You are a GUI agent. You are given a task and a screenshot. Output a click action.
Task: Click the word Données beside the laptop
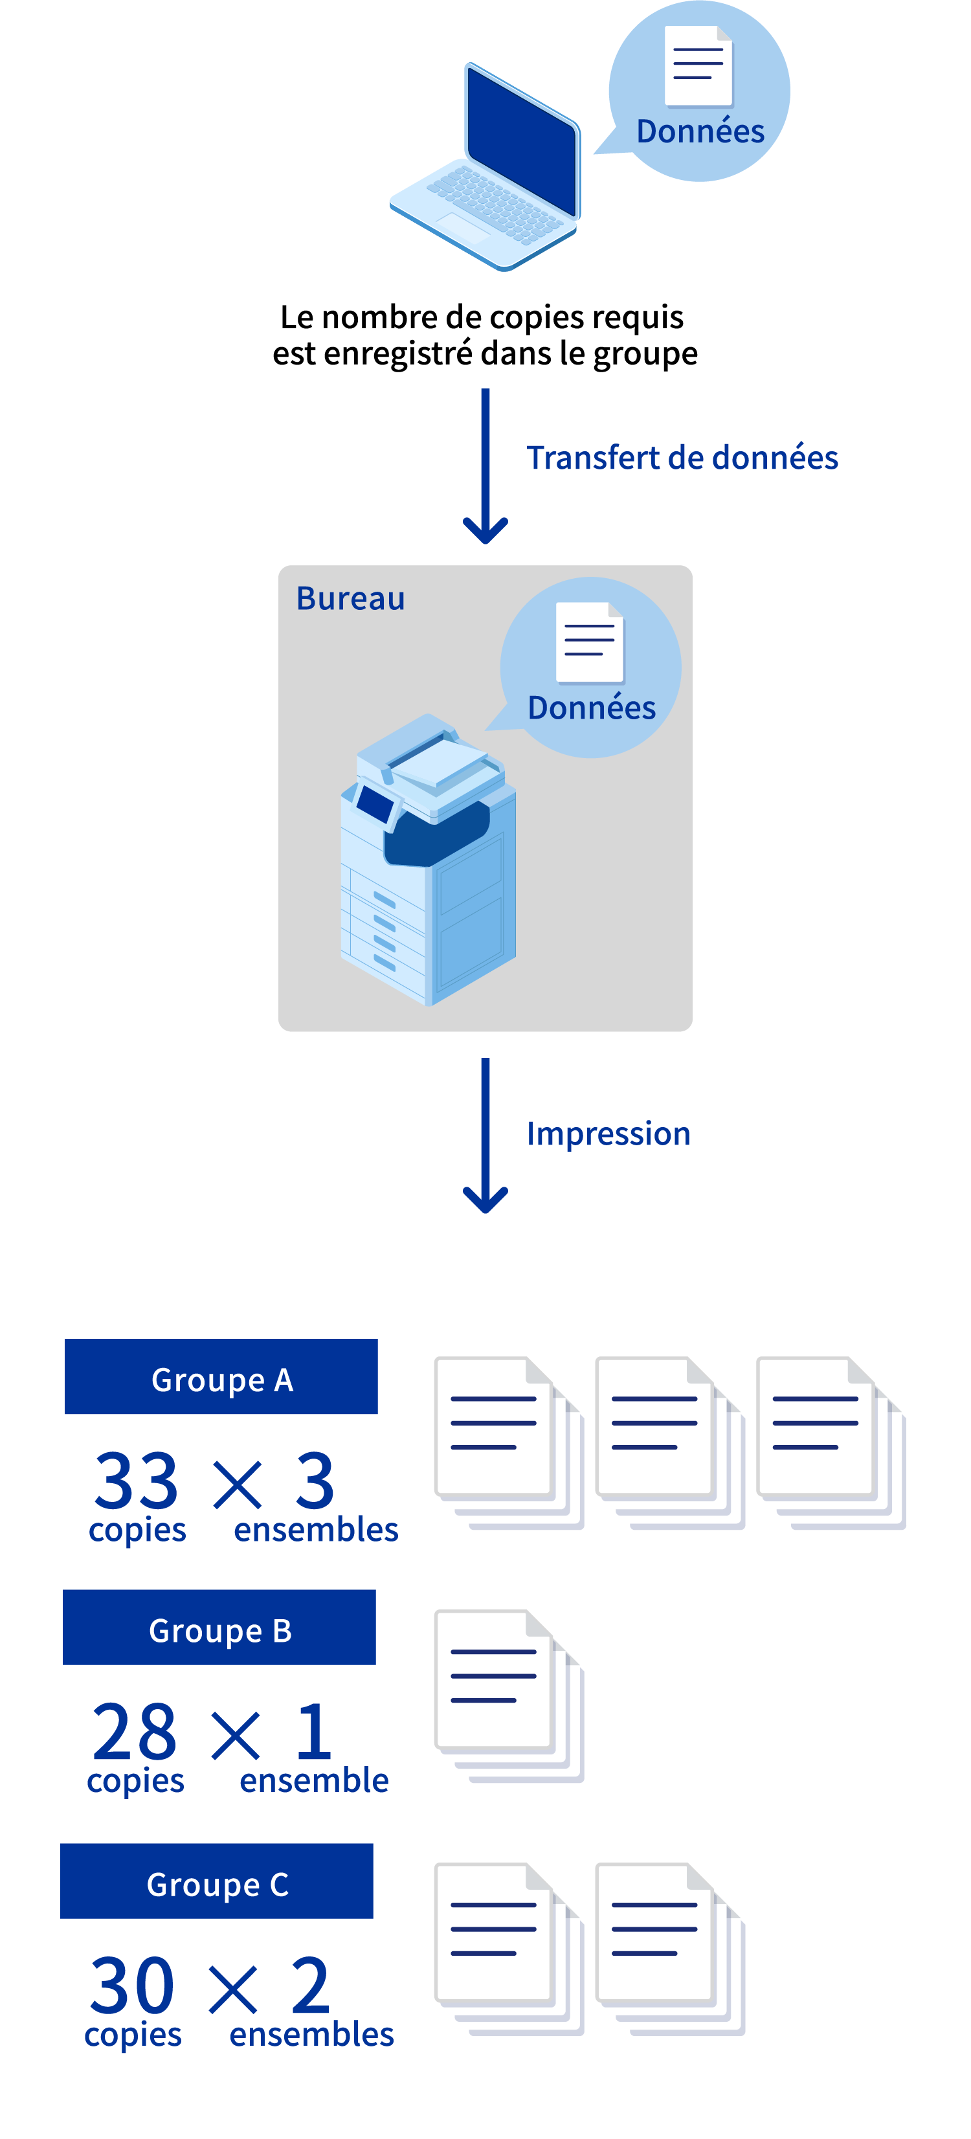coord(700,131)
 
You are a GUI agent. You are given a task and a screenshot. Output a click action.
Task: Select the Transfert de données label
coord(682,458)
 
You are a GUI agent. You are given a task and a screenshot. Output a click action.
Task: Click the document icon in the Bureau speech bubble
coord(589,642)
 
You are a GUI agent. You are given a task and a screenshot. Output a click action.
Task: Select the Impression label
coord(608,1134)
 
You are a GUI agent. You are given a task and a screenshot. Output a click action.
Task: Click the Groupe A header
coord(221,1377)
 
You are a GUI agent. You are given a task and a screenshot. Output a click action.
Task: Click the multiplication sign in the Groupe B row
coord(236,1736)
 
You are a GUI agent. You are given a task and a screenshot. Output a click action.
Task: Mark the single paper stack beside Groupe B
coord(508,1696)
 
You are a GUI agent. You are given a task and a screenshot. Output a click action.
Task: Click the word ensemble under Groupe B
coord(314,1781)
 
